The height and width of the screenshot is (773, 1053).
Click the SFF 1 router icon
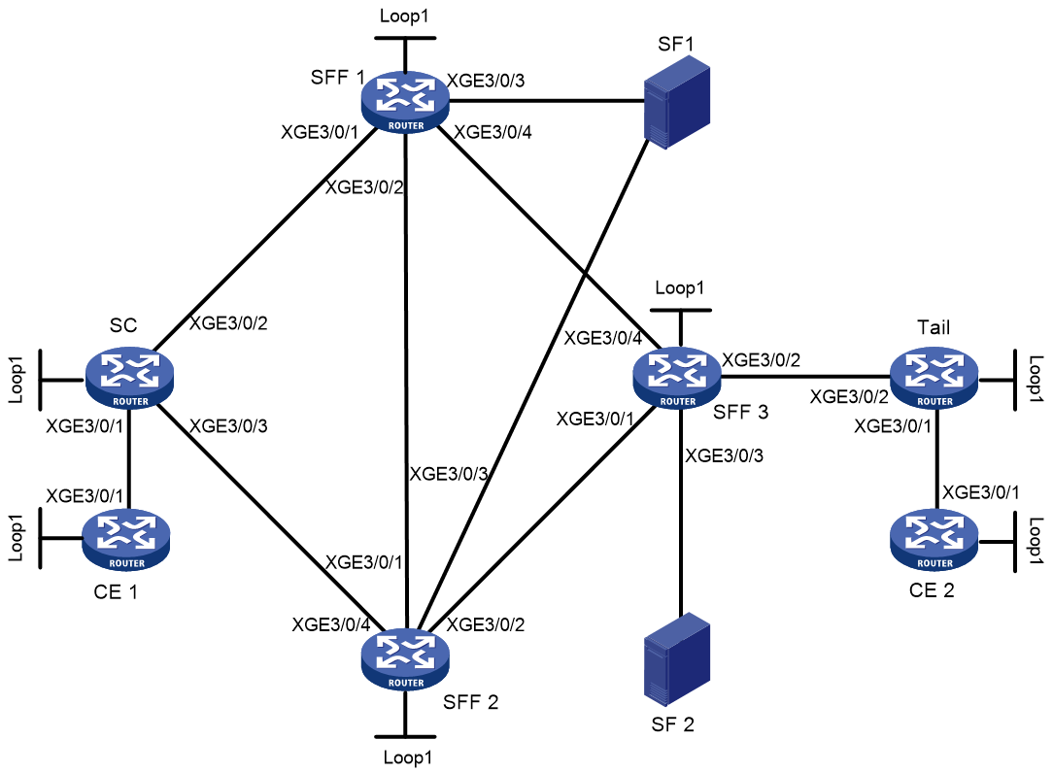(405, 101)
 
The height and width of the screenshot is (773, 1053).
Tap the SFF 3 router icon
(677, 378)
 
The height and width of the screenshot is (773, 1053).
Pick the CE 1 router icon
(126, 539)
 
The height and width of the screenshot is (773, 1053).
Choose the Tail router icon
(934, 378)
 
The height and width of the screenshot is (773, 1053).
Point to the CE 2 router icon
(934, 539)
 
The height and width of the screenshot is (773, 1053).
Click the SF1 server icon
(677, 102)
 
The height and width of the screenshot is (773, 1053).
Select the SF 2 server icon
(677, 658)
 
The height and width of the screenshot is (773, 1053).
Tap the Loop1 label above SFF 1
(404, 16)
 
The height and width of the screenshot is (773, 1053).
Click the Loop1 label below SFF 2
(408, 757)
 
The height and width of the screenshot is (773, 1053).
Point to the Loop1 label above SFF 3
(680, 288)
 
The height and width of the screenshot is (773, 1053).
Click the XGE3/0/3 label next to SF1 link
(486, 81)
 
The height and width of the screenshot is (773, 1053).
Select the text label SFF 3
(741, 412)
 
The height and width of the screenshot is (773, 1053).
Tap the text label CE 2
(932, 590)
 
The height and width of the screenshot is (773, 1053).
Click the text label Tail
(934, 327)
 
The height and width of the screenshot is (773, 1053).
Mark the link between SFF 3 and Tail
(805, 377)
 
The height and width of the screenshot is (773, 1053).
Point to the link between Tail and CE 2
(935, 458)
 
